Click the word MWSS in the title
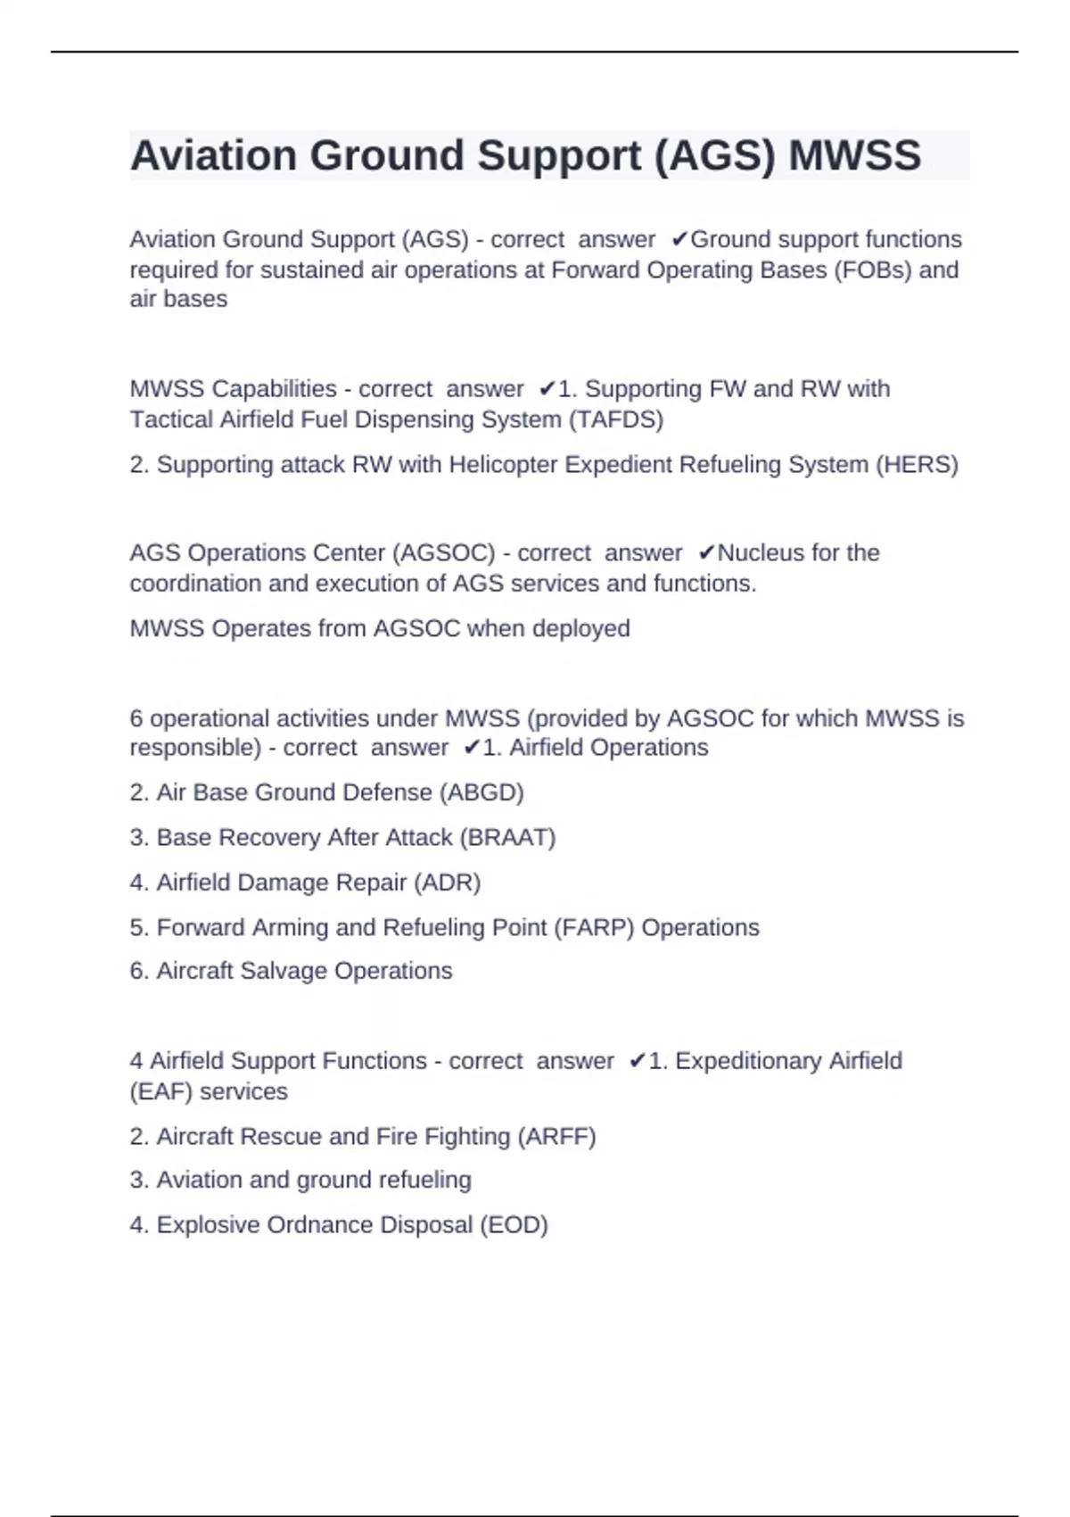click(854, 156)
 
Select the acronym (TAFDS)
click(616, 419)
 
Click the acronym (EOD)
click(514, 1225)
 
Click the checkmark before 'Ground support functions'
click(679, 240)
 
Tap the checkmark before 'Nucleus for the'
click(706, 553)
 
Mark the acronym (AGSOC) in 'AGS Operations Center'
click(443, 553)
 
